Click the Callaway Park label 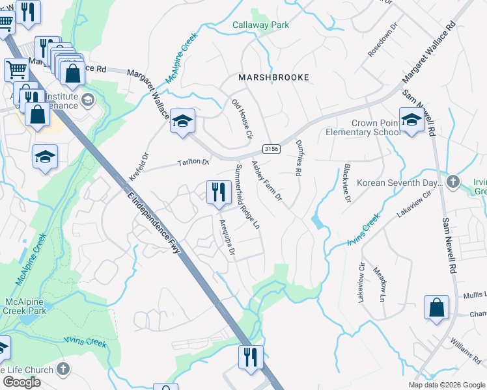[x=260, y=25]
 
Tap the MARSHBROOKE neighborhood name [x=272, y=77]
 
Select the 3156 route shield [x=271, y=149]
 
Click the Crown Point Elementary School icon [x=411, y=120]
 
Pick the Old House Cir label [x=242, y=119]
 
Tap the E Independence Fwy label [x=153, y=218]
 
